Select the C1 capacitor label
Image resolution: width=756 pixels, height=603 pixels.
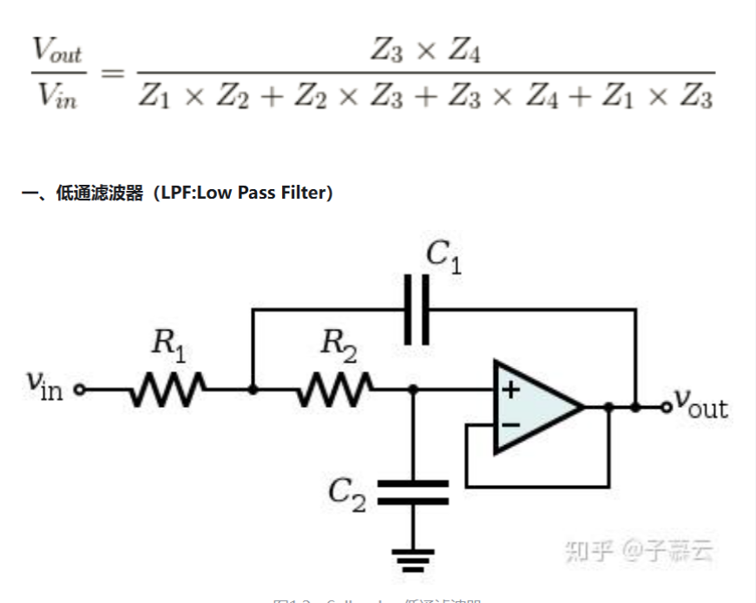pos(443,256)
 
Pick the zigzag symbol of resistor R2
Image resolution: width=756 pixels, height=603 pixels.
pos(337,390)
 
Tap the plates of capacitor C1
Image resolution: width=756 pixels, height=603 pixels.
pos(417,310)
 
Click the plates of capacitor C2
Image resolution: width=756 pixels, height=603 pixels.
pos(413,492)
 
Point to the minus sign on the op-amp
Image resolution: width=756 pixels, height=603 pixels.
pos(510,424)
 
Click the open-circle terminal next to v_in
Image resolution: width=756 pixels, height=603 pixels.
pos(81,390)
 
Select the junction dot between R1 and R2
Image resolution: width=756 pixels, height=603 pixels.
pos(252,390)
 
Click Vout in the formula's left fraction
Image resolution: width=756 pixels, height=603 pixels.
pos(57,53)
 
